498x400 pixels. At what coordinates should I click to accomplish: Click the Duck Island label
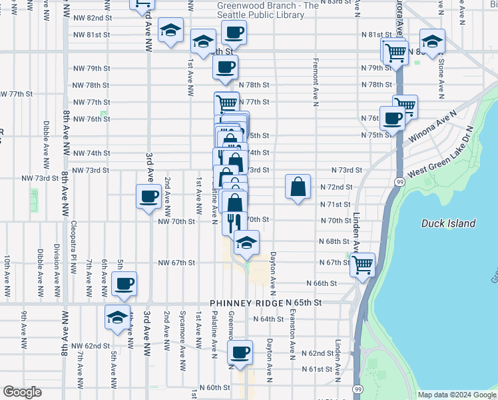coord(448,224)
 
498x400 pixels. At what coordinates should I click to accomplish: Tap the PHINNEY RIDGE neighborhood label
coord(247,303)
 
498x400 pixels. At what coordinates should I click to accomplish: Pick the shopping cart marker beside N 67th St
coord(362,265)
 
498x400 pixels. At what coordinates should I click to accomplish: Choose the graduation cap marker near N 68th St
coord(246,243)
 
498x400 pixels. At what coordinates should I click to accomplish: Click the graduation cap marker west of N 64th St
coord(118,319)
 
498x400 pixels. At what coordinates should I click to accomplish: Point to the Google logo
coord(22,392)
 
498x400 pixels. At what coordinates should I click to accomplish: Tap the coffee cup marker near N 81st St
coord(234,32)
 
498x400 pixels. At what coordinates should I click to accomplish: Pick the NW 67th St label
coord(176,263)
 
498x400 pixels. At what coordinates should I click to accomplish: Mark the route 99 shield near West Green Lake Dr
coord(398,181)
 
